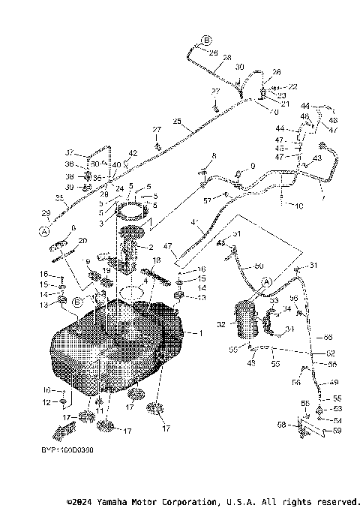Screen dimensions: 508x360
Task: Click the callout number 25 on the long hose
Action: tap(177, 122)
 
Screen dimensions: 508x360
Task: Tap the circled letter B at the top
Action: tap(207, 40)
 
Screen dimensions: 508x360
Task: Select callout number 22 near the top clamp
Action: tap(272, 87)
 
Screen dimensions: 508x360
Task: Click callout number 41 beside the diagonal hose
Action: tap(194, 222)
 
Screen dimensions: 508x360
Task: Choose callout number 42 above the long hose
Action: tap(132, 153)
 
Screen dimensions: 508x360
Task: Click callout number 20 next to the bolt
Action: tap(82, 240)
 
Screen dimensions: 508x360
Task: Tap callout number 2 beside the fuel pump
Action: tap(151, 247)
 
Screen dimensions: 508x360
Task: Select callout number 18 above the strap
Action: tap(157, 260)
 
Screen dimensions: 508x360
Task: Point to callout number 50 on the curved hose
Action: tap(260, 266)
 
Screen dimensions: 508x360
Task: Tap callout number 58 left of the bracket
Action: tap(300, 425)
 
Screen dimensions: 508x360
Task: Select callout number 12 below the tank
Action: tap(46, 403)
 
